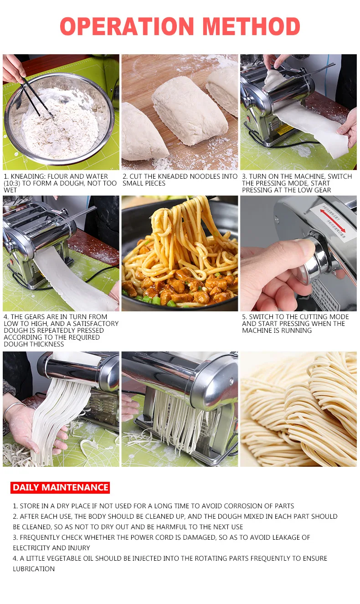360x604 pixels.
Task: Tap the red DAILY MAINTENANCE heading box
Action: [x=60, y=487]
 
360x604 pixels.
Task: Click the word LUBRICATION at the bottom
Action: [x=34, y=569]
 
